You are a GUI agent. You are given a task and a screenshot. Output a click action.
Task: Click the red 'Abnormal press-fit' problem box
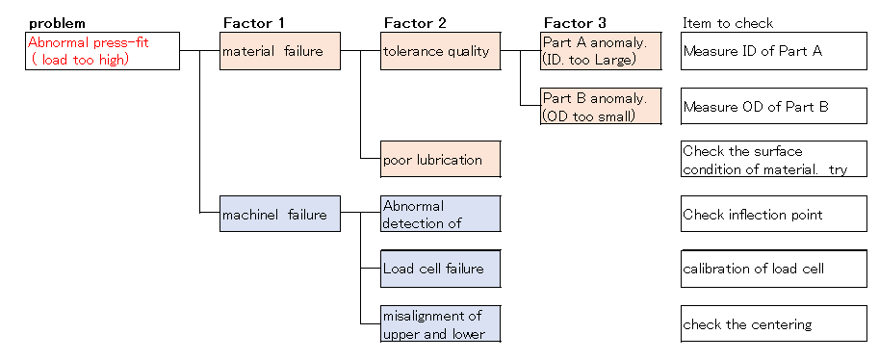coord(102,50)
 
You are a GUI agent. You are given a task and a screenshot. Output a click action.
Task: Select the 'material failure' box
coord(280,50)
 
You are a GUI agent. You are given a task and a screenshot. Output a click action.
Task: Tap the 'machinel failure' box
coord(280,214)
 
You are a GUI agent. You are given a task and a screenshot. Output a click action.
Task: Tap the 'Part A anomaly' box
coord(601,50)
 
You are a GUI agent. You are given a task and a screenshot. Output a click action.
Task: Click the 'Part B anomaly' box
coord(601,106)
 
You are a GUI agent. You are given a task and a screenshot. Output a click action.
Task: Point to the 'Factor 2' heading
coord(415,22)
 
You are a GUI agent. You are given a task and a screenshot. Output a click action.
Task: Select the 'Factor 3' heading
coord(575,22)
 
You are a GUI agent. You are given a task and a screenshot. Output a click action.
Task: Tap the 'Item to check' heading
coord(728,22)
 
